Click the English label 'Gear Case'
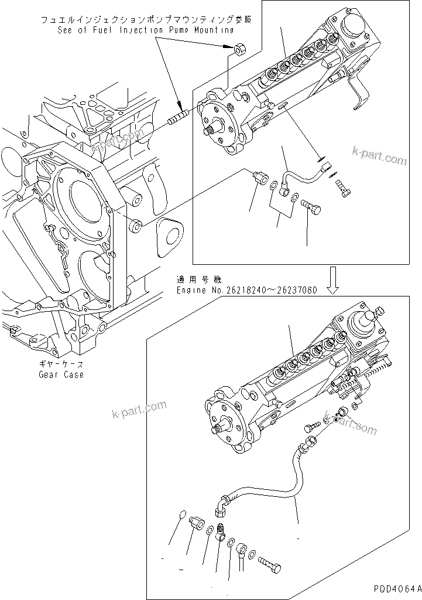click(61, 374)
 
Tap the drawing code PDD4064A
click(395, 588)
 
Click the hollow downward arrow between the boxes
click(333, 280)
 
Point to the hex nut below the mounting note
click(239, 49)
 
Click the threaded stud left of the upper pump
click(177, 117)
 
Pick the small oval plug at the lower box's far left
click(181, 515)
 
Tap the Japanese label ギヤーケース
click(61, 364)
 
